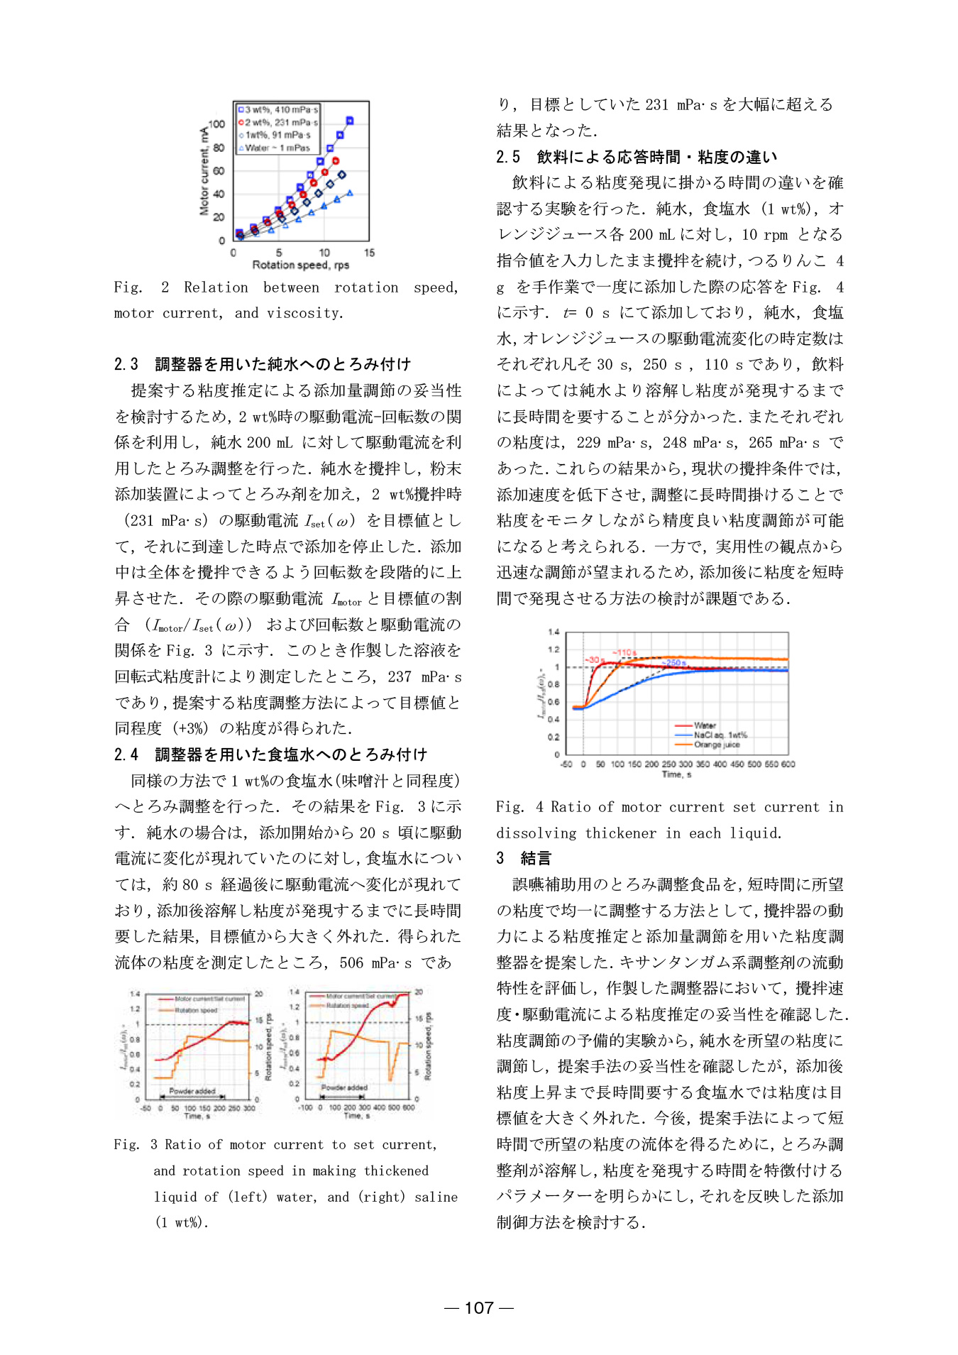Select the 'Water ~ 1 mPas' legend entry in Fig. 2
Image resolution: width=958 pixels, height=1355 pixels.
(277, 148)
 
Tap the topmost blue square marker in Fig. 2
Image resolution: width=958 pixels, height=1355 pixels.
(349, 121)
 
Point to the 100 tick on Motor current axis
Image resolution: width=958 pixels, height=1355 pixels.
(216, 124)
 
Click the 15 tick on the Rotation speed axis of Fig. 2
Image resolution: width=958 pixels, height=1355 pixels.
(369, 253)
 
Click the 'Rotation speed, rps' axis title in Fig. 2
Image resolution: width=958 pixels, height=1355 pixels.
(301, 265)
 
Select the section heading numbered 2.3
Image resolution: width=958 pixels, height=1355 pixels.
(263, 364)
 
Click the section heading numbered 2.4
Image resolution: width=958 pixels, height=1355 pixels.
(270, 755)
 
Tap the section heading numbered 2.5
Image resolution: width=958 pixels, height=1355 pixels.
(637, 157)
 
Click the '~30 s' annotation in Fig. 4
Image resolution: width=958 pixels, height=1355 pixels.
(595, 660)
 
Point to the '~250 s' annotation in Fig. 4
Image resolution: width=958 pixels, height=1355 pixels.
(674, 663)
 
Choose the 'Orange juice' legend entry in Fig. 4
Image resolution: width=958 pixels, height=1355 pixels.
(717, 745)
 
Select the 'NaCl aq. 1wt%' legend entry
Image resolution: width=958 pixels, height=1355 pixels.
(720, 735)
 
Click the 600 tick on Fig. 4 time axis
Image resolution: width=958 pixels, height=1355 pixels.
(788, 764)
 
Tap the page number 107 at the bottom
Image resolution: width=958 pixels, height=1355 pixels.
(479, 1307)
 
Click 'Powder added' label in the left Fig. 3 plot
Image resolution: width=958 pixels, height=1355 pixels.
(192, 1091)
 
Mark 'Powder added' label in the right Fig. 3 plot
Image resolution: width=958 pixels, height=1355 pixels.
(344, 1087)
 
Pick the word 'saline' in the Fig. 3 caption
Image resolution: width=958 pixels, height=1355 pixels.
(436, 1197)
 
